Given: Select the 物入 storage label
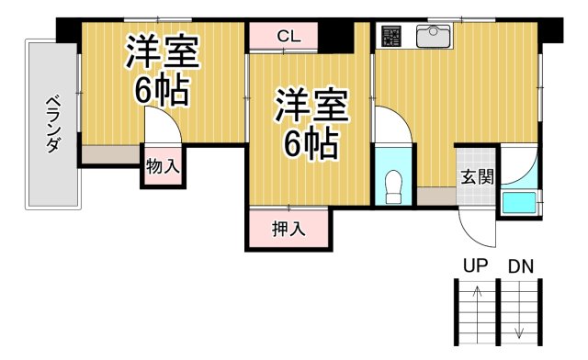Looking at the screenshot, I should click(163, 167).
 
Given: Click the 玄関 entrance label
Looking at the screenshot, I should click(476, 177).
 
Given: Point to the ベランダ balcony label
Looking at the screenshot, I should click(53, 123).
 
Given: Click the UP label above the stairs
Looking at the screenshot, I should click(475, 267).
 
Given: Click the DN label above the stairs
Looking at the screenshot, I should click(521, 267).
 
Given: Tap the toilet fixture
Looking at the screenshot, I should click(395, 186).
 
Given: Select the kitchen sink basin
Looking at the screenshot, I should click(432, 37).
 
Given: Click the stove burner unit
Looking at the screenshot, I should click(392, 37).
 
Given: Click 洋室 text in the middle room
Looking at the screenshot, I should click(311, 107).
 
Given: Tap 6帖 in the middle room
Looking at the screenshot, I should click(311, 144).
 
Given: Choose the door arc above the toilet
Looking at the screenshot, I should click(390, 124).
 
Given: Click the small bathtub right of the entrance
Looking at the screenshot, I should click(519, 202).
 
